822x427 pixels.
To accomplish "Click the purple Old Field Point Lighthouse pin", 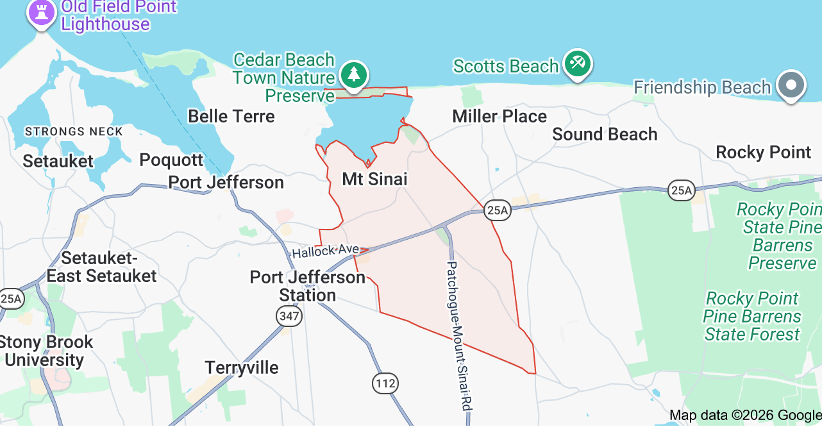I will pos(42,12).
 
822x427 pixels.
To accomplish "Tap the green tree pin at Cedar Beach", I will pos(353,74).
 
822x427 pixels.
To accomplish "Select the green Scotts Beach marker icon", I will pos(578,63).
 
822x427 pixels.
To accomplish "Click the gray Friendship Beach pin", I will pos(791,86).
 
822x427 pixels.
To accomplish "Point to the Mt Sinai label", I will pos(374,179).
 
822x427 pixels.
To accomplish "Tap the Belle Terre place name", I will pos(231,116).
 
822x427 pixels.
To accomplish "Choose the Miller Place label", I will pos(499,116).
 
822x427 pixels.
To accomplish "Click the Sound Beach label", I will pos(605,134).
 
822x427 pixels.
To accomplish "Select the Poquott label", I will pos(171,160).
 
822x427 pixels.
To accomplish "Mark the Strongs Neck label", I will pos(73,131).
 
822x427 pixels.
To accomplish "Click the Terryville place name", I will pos(242,367).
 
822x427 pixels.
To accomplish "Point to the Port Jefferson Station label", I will pos(307,286).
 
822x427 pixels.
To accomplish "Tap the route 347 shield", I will pos(288,315).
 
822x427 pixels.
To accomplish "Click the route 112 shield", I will pos(385,383).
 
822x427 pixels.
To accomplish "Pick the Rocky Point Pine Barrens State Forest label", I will pos(752,316).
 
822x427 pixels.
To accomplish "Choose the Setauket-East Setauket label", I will pos(101,267).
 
